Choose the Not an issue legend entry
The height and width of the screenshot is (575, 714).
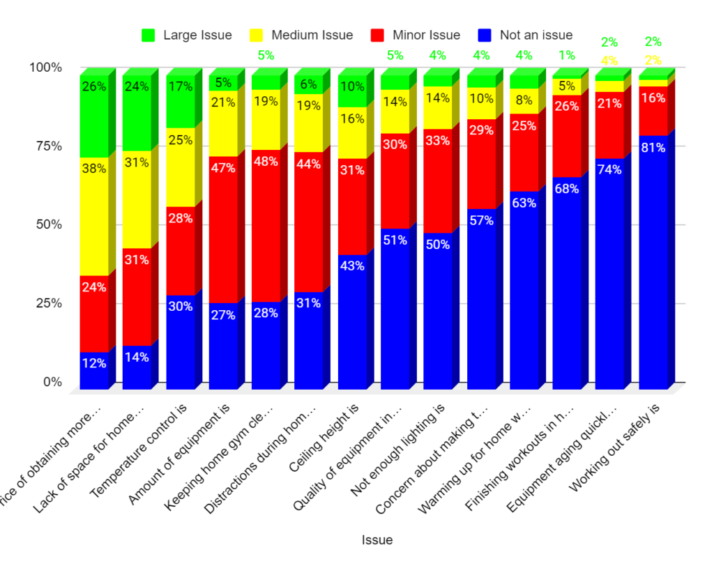(525, 35)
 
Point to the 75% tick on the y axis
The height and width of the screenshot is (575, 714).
(45, 146)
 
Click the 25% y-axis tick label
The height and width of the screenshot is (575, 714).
(45, 303)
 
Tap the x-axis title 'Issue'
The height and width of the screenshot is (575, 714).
(377, 540)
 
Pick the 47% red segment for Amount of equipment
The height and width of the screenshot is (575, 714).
(223, 230)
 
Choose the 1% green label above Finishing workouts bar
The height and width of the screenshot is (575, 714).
(567, 55)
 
